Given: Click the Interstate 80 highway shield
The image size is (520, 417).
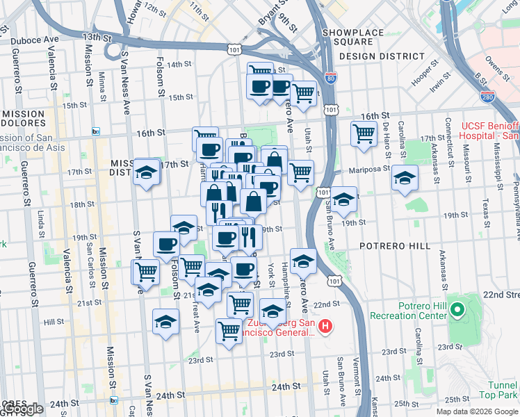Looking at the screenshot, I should (x=332, y=79).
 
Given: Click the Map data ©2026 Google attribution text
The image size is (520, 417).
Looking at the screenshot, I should (x=476, y=411).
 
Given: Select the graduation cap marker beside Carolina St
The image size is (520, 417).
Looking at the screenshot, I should (x=405, y=178).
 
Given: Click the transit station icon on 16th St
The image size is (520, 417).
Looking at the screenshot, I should (x=95, y=131).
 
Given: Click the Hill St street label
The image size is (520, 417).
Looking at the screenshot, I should (x=54, y=322).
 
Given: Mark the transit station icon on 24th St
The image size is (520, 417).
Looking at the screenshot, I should (x=114, y=400).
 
